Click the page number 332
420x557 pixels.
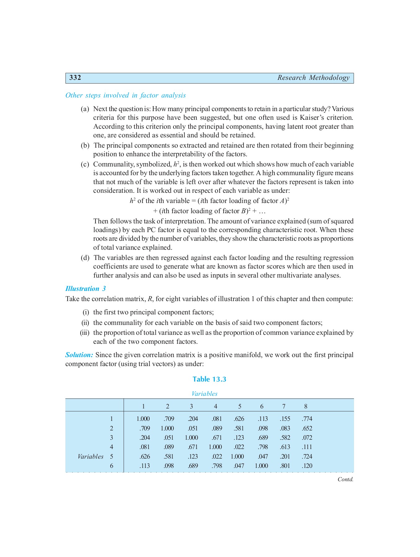pyautogui.click(x=75, y=78)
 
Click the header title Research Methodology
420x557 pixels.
pyautogui.click(x=313, y=78)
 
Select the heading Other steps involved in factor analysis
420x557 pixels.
pyautogui.click(x=125, y=95)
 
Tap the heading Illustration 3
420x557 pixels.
pyautogui.click(x=85, y=289)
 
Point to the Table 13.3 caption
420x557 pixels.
pyautogui.click(x=209, y=379)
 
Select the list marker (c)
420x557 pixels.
pyautogui.click(x=85, y=164)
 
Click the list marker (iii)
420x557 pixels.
pyautogui.click(x=85, y=333)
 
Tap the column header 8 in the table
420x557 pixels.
pyautogui.click(x=306, y=406)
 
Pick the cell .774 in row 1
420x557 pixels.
pyautogui.click(x=307, y=419)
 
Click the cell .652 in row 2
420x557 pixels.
pyautogui.click(x=307, y=428)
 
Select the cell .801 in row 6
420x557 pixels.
pyautogui.click(x=285, y=466)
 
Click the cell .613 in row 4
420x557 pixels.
pyautogui.click(x=285, y=447)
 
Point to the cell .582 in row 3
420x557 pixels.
pyautogui.click(x=285, y=438)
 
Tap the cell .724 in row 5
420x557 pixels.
pyautogui.click(x=307, y=456)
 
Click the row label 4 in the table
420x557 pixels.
pyautogui.click(x=112, y=447)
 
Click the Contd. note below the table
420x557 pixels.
pyautogui.click(x=345, y=479)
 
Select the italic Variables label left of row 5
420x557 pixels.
pyautogui.click(x=90, y=456)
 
